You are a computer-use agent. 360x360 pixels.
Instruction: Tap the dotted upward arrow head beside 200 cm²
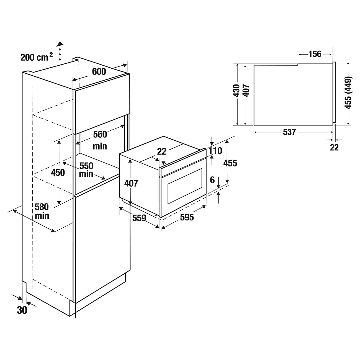[60, 44]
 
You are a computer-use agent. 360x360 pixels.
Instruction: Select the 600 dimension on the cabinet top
[99, 71]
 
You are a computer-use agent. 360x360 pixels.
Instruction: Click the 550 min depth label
[86, 170]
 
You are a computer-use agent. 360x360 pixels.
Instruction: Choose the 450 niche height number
[58, 173]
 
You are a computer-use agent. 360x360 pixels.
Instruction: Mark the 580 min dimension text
[42, 211]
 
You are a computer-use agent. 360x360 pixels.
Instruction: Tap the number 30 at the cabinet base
[22, 310]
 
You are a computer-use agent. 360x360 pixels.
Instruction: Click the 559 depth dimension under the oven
[139, 218]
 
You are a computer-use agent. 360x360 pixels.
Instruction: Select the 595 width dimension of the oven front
[187, 218]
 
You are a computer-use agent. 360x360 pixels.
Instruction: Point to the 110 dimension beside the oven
[215, 151]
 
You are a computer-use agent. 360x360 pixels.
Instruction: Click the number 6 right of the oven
[212, 180]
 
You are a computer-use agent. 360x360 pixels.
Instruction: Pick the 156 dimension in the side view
[315, 54]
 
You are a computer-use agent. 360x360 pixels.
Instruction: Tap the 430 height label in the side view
[236, 90]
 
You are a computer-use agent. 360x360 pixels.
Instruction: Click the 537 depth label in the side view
[289, 132]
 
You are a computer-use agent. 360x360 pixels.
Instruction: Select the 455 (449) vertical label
[348, 92]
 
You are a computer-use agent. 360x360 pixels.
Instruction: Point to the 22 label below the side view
[334, 147]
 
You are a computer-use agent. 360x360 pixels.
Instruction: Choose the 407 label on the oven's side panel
[131, 183]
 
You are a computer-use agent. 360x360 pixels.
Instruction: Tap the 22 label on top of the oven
[162, 151]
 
